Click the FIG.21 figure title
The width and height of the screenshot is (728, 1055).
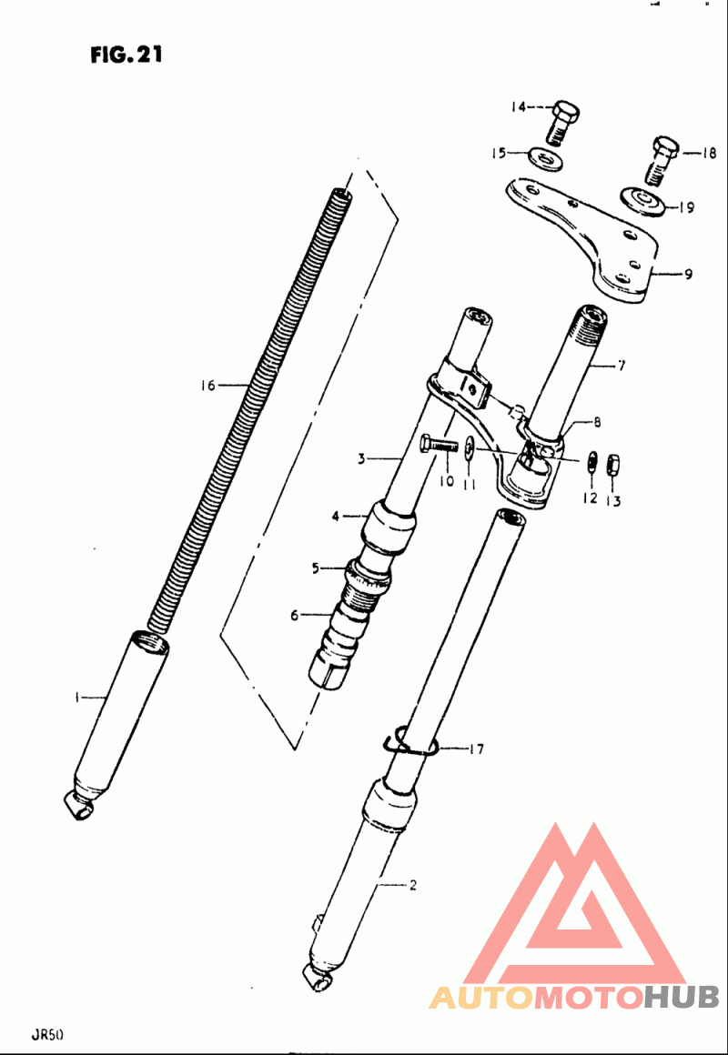(126, 55)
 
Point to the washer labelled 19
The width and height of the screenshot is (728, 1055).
(642, 203)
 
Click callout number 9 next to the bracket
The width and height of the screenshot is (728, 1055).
(686, 275)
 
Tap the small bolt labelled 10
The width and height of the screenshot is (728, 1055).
(439, 445)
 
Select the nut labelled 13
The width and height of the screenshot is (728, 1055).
(614, 464)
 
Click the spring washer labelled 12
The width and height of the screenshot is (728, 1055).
(592, 464)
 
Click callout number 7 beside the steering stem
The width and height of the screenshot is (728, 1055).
(621, 366)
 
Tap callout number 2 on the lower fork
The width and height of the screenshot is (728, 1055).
(413, 886)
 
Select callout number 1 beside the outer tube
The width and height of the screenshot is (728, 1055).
(78, 698)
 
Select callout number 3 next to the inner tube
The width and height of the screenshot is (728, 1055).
(361, 460)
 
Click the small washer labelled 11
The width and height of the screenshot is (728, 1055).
(470, 446)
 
